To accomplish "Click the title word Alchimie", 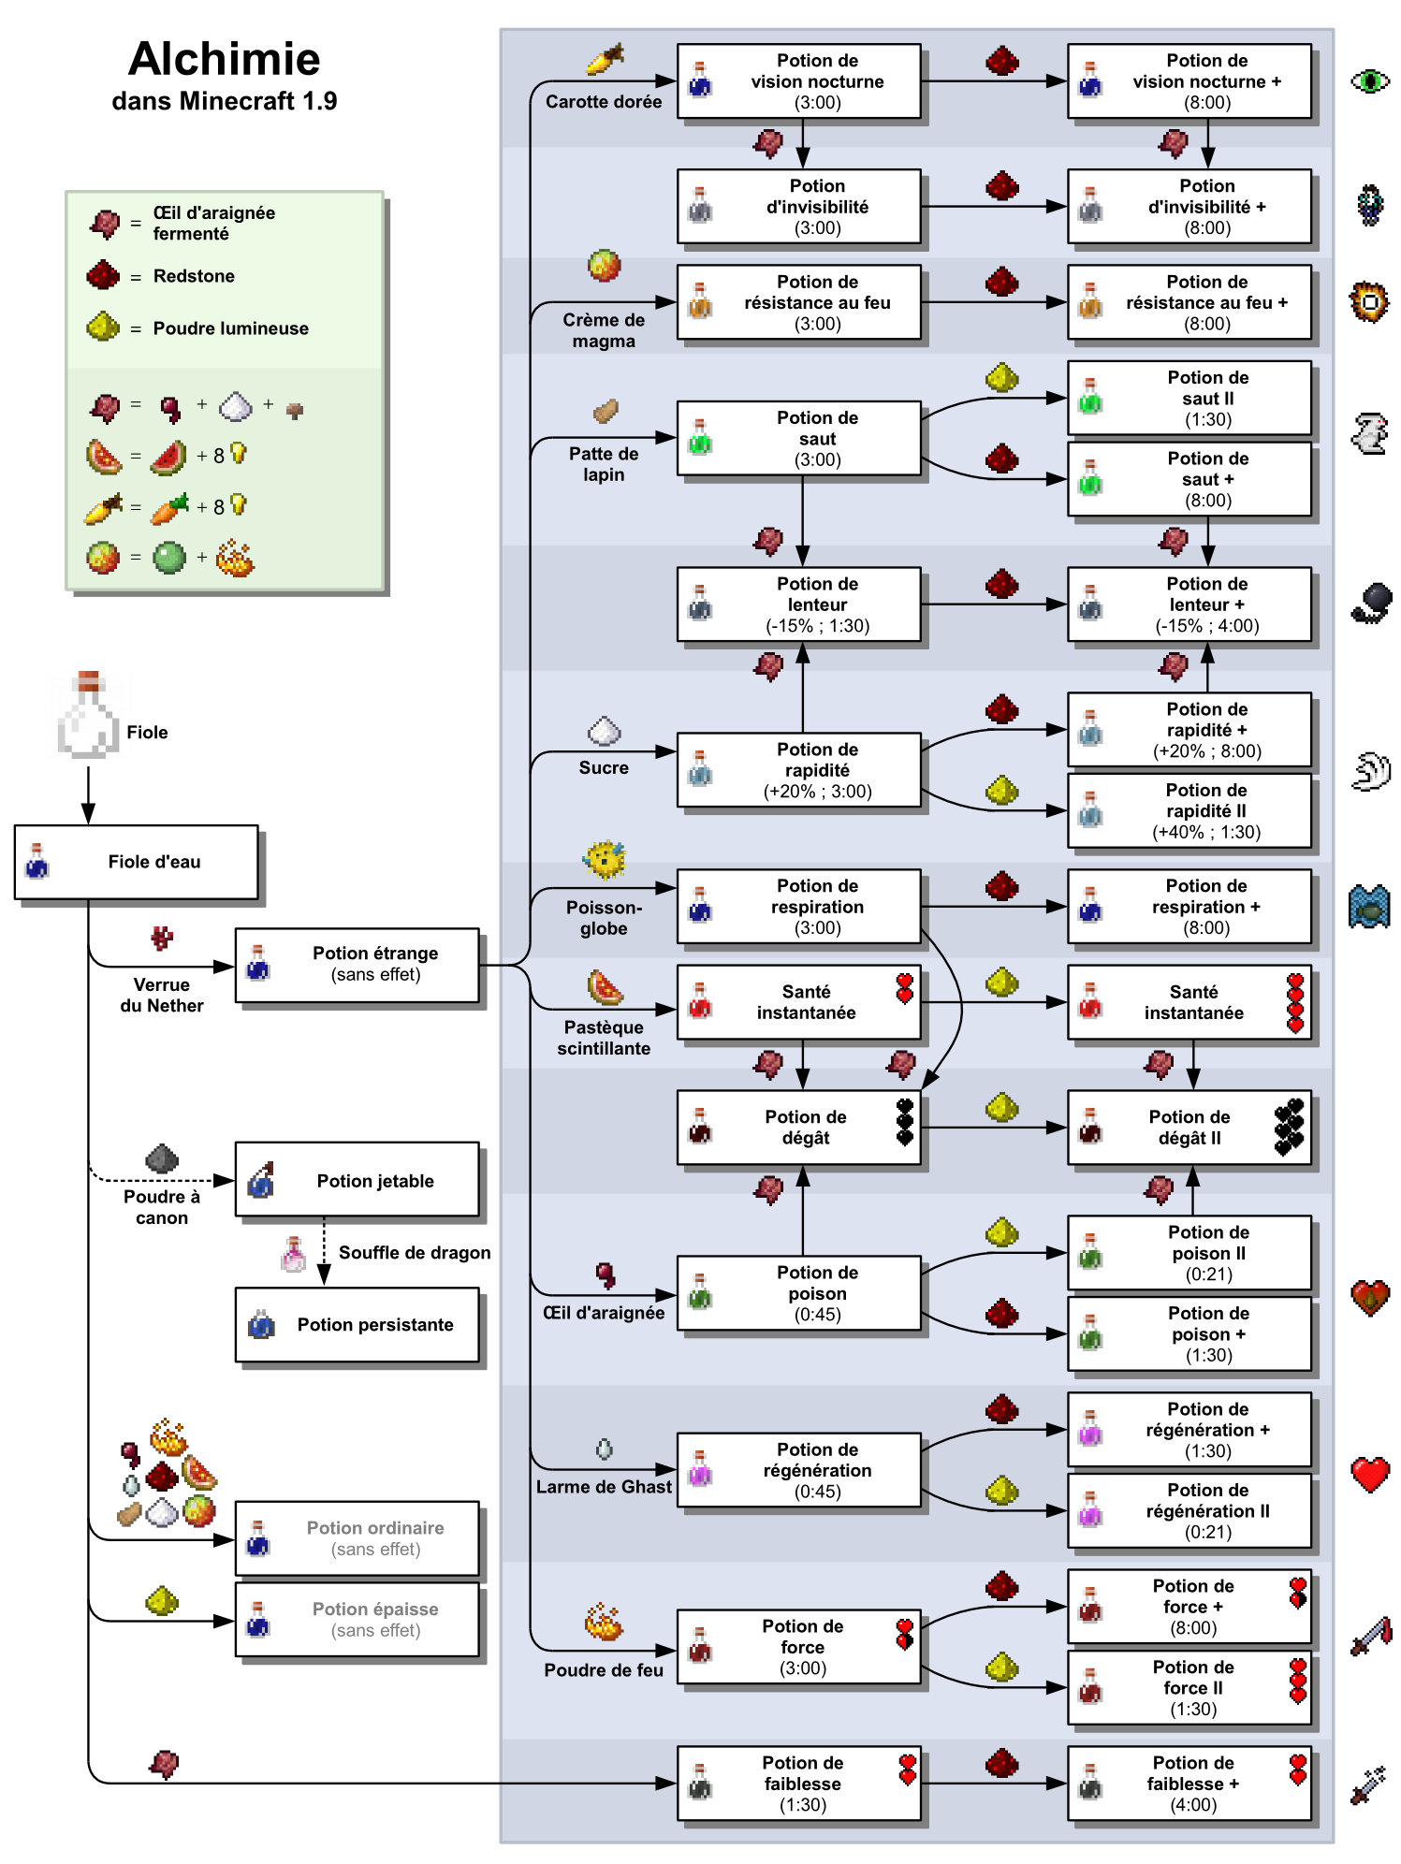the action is point(224,59).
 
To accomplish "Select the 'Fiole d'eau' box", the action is point(136,862).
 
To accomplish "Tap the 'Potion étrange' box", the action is point(357,965).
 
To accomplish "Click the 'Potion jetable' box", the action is point(357,1180).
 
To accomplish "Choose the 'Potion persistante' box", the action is point(357,1325).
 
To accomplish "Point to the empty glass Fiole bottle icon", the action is point(88,715).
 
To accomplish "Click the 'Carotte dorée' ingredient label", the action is point(604,102).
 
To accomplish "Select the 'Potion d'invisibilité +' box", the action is point(1189,207).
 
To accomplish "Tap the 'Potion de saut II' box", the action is point(1189,399).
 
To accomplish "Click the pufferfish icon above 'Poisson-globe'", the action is point(605,859).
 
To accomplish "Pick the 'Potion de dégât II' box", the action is point(1189,1128).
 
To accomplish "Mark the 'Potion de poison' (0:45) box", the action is point(799,1293).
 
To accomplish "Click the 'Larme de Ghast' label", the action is point(604,1487).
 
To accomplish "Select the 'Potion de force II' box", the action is point(1189,1688).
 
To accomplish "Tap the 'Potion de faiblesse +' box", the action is point(1189,1784).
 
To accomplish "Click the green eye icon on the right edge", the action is point(1370,81).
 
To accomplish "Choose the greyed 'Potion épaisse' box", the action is point(357,1620).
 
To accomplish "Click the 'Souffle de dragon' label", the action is point(415,1253).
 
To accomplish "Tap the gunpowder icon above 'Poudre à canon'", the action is point(162,1158).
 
